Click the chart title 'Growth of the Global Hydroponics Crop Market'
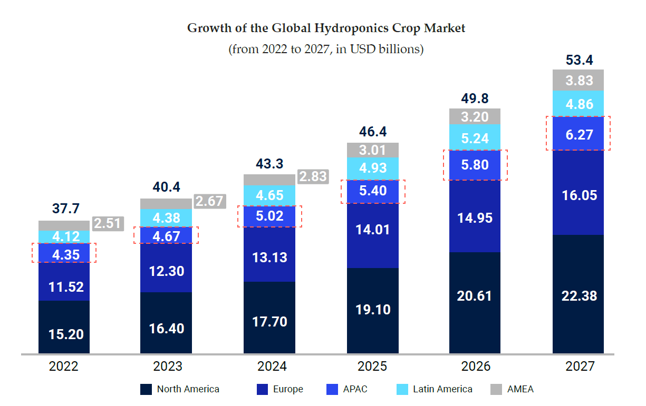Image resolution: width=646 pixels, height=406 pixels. point(326,28)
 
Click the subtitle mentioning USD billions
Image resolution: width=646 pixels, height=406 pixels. point(326,49)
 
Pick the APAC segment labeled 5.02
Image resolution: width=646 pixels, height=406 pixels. point(269,216)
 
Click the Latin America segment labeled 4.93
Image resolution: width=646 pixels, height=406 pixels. point(372,169)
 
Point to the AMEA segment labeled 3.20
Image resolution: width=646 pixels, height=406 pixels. point(475,116)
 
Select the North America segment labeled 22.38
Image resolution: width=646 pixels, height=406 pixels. point(578,295)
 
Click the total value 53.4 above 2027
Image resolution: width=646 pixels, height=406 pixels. point(578,60)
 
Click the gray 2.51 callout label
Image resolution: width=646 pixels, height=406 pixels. point(108,223)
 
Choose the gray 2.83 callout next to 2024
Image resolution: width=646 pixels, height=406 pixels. point(313,176)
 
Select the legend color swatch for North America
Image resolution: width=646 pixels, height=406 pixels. point(146,390)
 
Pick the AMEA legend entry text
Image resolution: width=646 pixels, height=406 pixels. point(520,390)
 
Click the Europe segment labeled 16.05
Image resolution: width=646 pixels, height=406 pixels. point(578,195)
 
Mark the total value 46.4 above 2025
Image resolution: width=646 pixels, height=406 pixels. point(372,132)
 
